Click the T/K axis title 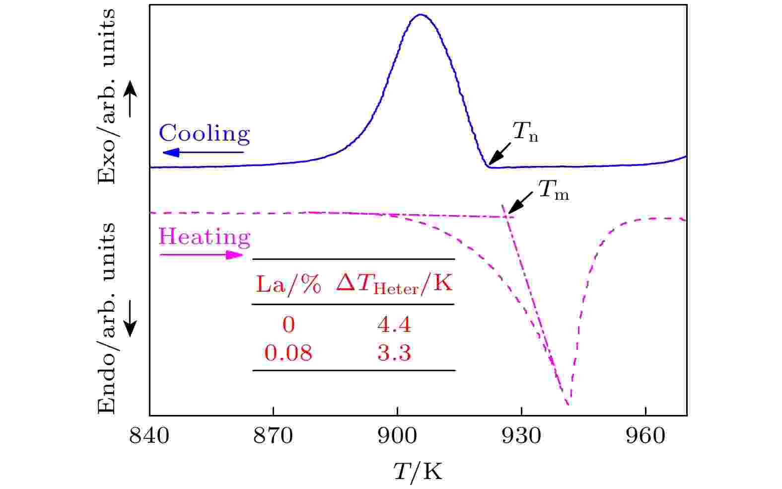point(418,471)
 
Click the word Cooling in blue point(204,134)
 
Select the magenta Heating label point(204,237)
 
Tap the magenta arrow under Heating point(201,255)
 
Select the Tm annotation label point(553,190)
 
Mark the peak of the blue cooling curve point(421,14)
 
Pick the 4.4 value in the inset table point(394,326)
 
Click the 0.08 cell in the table point(288,353)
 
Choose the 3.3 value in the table point(394,353)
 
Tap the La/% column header point(288,285)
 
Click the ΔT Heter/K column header point(394,285)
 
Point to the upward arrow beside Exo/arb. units point(130,99)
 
